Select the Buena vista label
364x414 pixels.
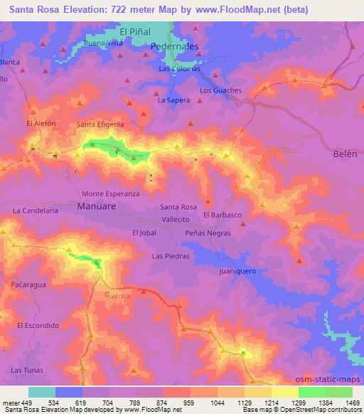[x=104, y=43]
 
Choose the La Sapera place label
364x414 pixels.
[x=173, y=100]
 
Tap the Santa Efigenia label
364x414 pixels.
[x=100, y=124]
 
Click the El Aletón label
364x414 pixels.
[x=41, y=123]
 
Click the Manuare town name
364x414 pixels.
[x=96, y=206]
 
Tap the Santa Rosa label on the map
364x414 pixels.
[x=178, y=207]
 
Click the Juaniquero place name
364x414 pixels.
[x=237, y=271]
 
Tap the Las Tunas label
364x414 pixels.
[x=27, y=370]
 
